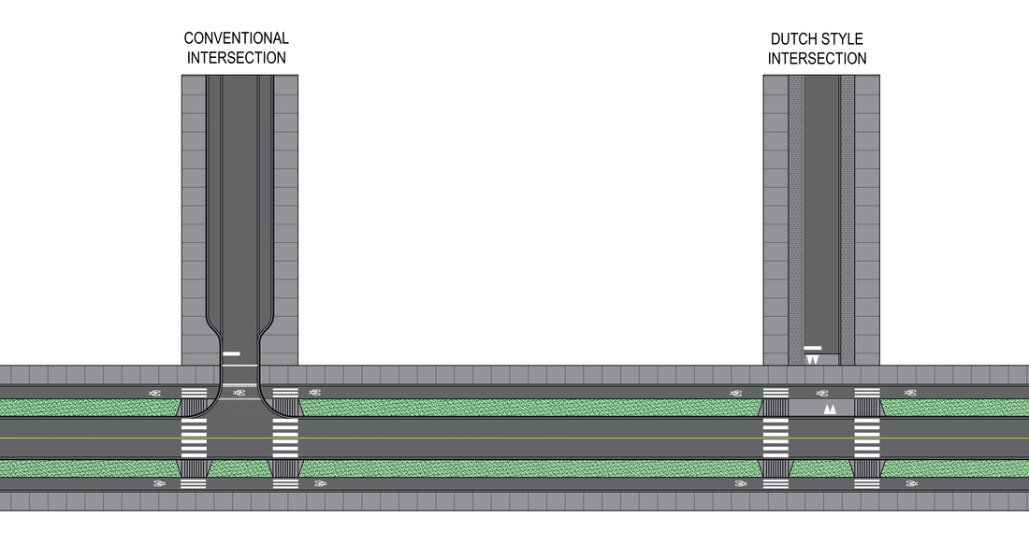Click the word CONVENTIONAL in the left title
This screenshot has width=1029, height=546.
[236, 38]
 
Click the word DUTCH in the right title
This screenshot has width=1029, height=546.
[791, 39]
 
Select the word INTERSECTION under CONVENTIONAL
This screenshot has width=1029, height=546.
[236, 58]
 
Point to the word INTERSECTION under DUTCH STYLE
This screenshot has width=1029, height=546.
[817, 59]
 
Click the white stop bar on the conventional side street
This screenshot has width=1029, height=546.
[231, 353]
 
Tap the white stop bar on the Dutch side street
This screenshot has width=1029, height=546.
[813, 348]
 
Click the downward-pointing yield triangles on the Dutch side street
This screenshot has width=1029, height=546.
[813, 359]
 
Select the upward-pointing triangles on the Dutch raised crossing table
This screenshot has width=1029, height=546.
[829, 409]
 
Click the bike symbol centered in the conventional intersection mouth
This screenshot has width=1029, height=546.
[239, 393]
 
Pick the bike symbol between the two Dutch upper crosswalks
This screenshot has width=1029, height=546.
[822, 393]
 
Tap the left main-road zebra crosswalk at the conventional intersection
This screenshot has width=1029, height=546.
[194, 437]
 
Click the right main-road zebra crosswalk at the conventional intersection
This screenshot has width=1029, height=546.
[284, 437]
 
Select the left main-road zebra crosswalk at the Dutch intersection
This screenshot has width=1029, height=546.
[776, 437]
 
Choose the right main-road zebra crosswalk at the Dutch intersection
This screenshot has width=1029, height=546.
[867, 437]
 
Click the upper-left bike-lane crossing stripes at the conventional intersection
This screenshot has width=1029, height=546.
[194, 393]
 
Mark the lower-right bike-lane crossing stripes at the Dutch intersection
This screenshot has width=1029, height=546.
[867, 483]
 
